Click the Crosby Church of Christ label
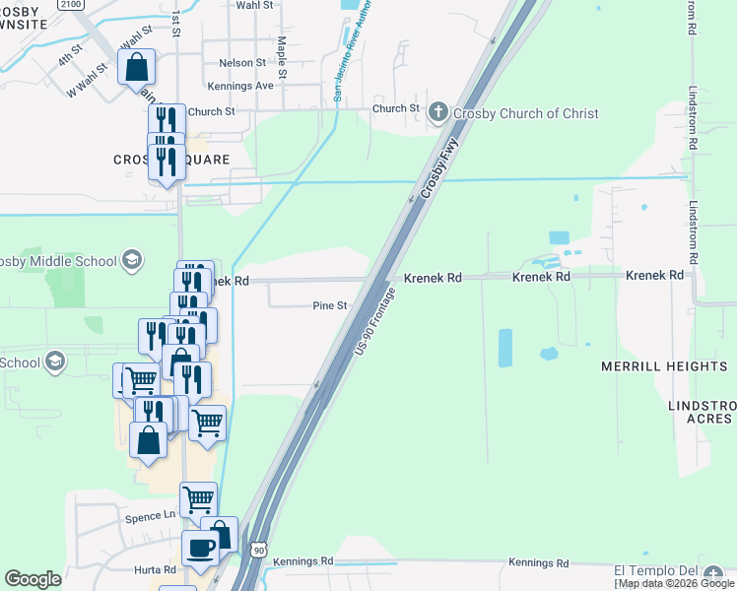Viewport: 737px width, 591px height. coord(525,113)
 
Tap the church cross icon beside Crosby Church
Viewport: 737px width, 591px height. coord(439,112)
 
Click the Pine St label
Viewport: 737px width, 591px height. coord(329,305)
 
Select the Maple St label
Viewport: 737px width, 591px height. coord(282,57)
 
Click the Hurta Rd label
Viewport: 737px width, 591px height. coord(155,569)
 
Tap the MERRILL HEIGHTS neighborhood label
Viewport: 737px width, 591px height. coord(664,366)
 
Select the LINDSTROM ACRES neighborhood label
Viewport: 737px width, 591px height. coord(700,412)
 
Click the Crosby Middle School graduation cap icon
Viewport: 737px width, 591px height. coord(130,260)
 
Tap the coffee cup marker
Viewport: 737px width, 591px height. coord(201,549)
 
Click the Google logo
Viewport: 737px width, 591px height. coord(33,579)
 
